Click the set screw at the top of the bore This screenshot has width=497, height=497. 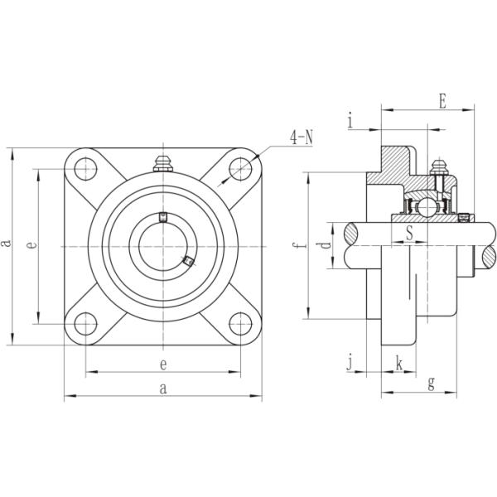[x=163, y=218]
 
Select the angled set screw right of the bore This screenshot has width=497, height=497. [x=188, y=262]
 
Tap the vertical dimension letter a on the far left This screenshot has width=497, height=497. [x=7, y=243]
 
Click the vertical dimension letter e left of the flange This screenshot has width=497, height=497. [x=31, y=245]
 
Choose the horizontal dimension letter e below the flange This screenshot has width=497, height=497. [x=163, y=364]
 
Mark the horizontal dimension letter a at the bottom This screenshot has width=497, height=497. [x=163, y=388]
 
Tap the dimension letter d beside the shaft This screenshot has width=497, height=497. [x=326, y=246]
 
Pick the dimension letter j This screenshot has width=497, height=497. [x=350, y=362]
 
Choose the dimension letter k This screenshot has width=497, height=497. [x=399, y=362]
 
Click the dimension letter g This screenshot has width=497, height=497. [x=431, y=383]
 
